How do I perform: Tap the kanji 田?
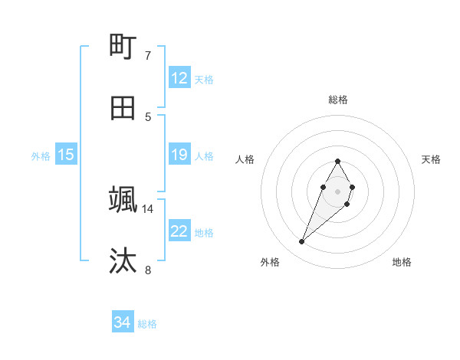pyautogui.click(x=123, y=108)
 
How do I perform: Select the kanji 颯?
pyautogui.click(x=123, y=200)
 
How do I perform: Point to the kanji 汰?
pyautogui.click(x=123, y=260)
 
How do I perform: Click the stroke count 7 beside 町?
pyautogui.click(x=147, y=56)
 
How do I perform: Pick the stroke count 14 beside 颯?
pyautogui.click(x=148, y=208)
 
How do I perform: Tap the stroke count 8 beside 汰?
pyautogui.click(x=147, y=270)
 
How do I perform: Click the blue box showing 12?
pyautogui.click(x=179, y=78)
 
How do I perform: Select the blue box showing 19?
pyautogui.click(x=179, y=155)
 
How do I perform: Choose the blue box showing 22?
pyautogui.click(x=179, y=231)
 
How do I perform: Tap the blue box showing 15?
pyautogui.click(x=66, y=155)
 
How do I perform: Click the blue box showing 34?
pyautogui.click(x=123, y=322)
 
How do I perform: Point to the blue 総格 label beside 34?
pyautogui.click(x=147, y=323)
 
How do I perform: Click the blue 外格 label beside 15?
pyautogui.click(x=41, y=155)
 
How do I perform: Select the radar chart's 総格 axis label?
pyautogui.click(x=338, y=100)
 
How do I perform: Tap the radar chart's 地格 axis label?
pyautogui.click(x=402, y=262)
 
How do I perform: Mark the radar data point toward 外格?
pyautogui.click(x=302, y=241)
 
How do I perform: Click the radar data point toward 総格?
pyautogui.click(x=338, y=162)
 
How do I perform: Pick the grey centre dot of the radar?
pyautogui.click(x=338, y=191)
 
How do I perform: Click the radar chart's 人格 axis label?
pyautogui.click(x=245, y=159)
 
